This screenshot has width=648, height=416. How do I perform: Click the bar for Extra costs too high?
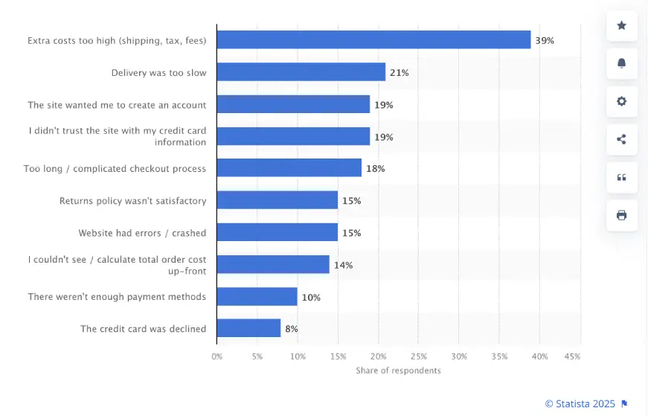click(373, 40)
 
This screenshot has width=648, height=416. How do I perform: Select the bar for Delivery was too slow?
click(301, 72)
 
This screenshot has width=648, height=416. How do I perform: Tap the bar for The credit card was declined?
click(248, 328)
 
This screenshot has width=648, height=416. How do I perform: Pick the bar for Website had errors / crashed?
click(277, 232)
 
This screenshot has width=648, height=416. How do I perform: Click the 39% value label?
click(545, 40)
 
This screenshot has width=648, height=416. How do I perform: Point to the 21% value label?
click(400, 72)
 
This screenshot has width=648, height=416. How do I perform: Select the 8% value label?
click(292, 328)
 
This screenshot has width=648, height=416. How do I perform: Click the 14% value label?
click(343, 264)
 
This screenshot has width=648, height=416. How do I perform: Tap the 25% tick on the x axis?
click(418, 356)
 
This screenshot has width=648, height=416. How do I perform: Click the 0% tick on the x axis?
click(216, 356)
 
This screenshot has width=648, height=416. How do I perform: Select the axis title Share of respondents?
click(398, 371)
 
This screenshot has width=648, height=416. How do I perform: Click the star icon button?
click(622, 26)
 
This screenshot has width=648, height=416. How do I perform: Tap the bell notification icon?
click(622, 63)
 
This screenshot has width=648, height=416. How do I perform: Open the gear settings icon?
click(622, 101)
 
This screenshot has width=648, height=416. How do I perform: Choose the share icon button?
click(622, 139)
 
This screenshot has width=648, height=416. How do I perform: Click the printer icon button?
click(622, 215)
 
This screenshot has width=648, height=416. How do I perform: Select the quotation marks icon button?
click(622, 177)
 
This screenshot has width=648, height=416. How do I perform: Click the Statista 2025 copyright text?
click(580, 403)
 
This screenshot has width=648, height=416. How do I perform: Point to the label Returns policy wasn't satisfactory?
click(132, 201)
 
